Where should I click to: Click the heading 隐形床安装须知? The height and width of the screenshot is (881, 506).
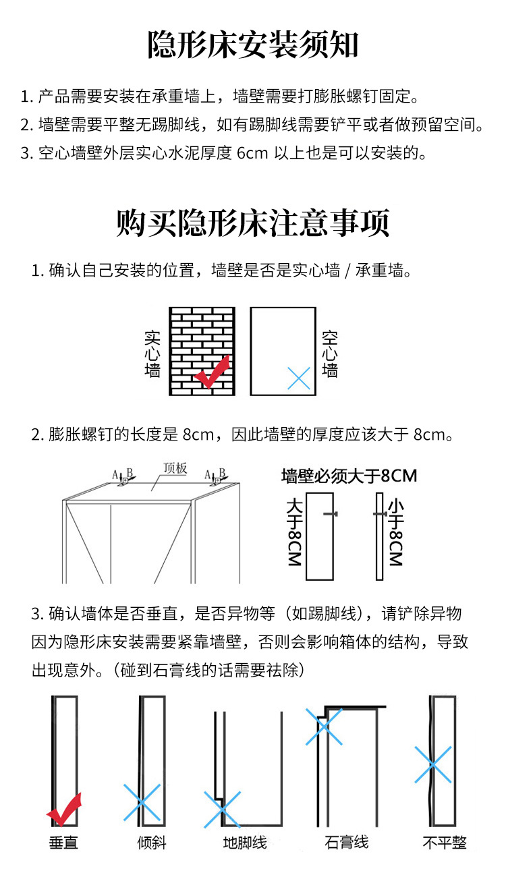click(x=253, y=46)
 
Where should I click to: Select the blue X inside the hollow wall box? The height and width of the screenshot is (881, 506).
click(x=298, y=378)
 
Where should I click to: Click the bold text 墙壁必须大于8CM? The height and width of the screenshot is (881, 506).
click(x=349, y=476)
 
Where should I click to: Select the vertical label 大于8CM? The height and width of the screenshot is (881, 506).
click(x=294, y=533)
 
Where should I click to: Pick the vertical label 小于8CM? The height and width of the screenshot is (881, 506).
click(x=395, y=533)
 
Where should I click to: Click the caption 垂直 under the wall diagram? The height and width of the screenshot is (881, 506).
click(x=64, y=843)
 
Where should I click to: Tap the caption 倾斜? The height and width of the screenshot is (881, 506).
click(x=151, y=843)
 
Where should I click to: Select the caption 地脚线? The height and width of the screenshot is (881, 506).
click(x=245, y=843)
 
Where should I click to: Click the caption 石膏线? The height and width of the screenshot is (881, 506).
click(x=346, y=843)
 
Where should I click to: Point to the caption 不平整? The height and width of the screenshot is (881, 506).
click(x=445, y=843)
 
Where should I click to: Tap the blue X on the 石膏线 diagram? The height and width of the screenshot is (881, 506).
click(x=325, y=726)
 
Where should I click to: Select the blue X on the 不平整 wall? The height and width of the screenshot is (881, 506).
click(x=432, y=764)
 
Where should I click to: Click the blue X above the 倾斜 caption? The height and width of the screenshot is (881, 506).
click(x=142, y=802)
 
